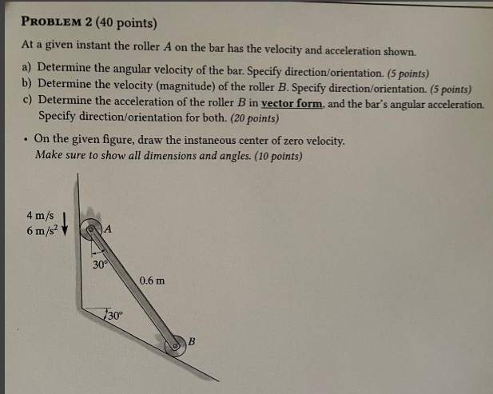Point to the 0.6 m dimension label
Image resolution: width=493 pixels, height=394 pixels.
pos(153,281)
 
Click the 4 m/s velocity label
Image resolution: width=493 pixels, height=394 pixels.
pos(40,215)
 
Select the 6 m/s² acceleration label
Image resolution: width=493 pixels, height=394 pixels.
pos(40,230)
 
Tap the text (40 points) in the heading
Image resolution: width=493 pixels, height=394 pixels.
pos(126,22)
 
